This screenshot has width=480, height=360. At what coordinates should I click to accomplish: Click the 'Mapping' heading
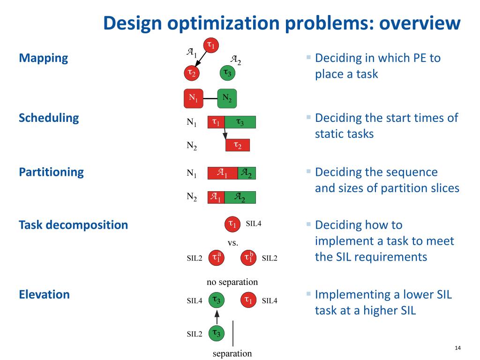(x=43, y=58)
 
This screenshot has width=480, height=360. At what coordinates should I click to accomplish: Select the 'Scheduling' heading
(x=49, y=118)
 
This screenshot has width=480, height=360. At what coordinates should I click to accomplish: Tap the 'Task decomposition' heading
(x=73, y=225)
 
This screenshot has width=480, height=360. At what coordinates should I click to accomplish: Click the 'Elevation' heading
(x=44, y=294)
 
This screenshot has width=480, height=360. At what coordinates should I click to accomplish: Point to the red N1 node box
(x=193, y=98)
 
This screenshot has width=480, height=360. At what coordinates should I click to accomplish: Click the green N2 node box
(x=227, y=98)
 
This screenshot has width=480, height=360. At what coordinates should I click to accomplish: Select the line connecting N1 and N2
(x=210, y=98)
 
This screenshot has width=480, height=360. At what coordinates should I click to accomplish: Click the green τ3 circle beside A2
(x=227, y=73)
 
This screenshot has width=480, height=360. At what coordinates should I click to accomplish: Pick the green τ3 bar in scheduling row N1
(x=240, y=122)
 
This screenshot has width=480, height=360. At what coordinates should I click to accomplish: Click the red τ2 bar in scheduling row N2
(x=238, y=145)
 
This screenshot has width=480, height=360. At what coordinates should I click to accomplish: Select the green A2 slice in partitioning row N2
(x=240, y=197)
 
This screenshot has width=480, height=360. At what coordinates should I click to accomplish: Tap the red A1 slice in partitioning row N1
(x=223, y=173)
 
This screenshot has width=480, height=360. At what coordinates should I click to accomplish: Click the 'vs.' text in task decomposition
(x=233, y=243)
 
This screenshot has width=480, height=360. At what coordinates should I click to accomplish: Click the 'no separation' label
(x=232, y=282)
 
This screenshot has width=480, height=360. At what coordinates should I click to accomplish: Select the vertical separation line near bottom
(x=233, y=333)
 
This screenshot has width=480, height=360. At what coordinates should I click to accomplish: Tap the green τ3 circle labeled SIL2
(x=217, y=333)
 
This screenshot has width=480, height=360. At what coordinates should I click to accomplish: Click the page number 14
(x=458, y=348)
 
